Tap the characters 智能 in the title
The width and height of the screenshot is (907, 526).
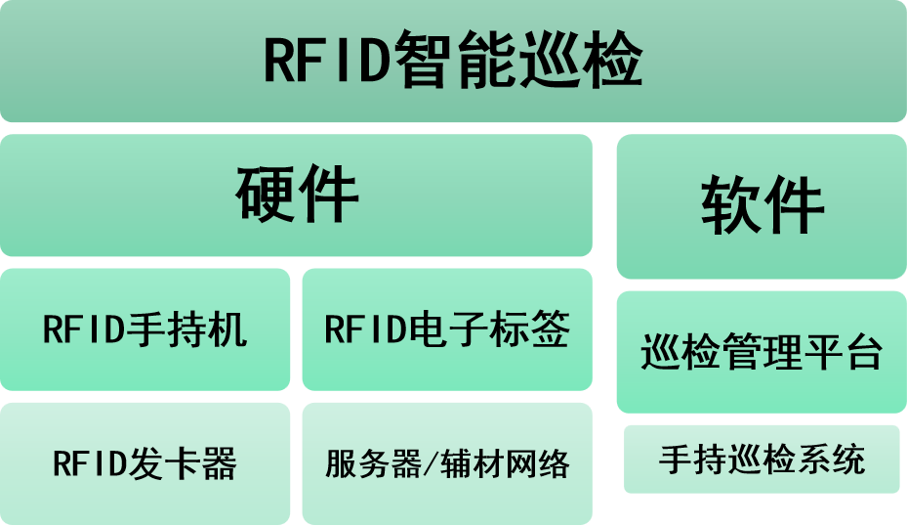pyautogui.click(x=455, y=61)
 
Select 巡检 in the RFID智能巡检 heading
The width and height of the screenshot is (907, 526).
pyautogui.click(x=580, y=61)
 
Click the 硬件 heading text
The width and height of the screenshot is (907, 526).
pyautogui.click(x=297, y=196)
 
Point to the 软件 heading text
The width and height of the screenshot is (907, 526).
pyautogui.click(x=762, y=206)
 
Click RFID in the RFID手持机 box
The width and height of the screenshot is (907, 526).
pyautogui.click(x=84, y=329)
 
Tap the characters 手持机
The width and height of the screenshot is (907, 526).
pyautogui.click(x=186, y=329)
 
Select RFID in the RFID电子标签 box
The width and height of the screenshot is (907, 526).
pyautogui.click(x=366, y=329)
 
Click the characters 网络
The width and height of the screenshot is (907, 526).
pyautogui.click(x=535, y=463)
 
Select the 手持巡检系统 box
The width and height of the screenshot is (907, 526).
pyautogui.click(x=762, y=459)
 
